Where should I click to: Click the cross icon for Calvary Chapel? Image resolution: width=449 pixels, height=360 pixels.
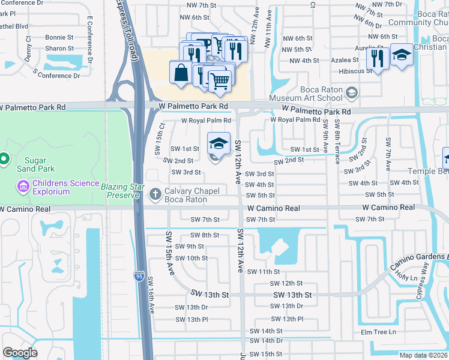[155, 193]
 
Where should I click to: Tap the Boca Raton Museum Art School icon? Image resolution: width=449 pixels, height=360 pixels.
[351, 92]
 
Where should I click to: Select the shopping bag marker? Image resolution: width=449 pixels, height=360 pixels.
[181, 72]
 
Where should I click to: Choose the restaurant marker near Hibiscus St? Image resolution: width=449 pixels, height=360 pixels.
[377, 58]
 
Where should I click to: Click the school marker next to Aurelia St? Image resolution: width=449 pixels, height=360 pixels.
[401, 55]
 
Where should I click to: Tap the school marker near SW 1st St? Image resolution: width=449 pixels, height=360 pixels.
[219, 143]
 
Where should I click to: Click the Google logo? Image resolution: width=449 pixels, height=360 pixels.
[20, 353]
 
